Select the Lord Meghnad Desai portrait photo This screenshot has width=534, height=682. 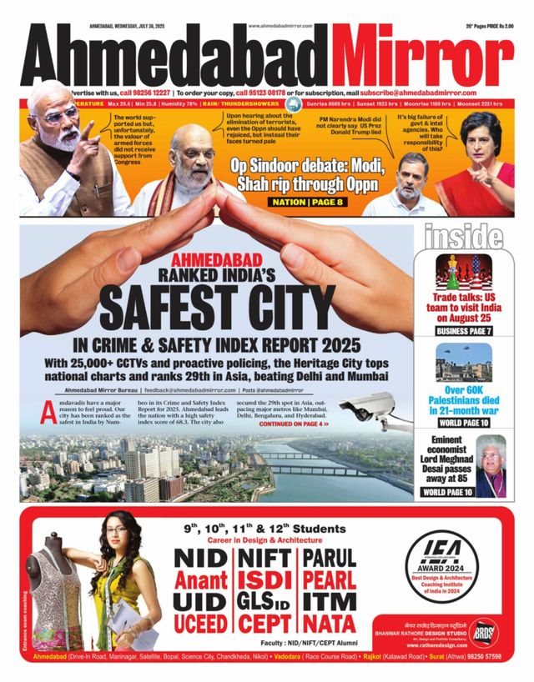pos(491,465)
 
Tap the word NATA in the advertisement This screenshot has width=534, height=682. pos(328,622)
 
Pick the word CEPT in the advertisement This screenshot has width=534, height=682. pos(265,623)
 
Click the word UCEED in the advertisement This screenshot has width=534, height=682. pos(200,623)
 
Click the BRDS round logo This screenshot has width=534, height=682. pos(483,632)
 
